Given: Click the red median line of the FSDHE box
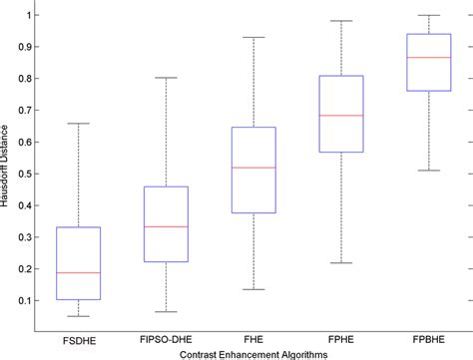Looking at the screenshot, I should click(80, 272).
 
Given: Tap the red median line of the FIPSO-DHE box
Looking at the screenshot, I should click(166, 226).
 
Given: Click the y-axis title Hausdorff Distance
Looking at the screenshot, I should click(7, 173).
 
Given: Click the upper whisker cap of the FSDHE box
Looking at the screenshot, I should click(80, 124).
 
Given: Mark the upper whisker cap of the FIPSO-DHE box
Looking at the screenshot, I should click(166, 78).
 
